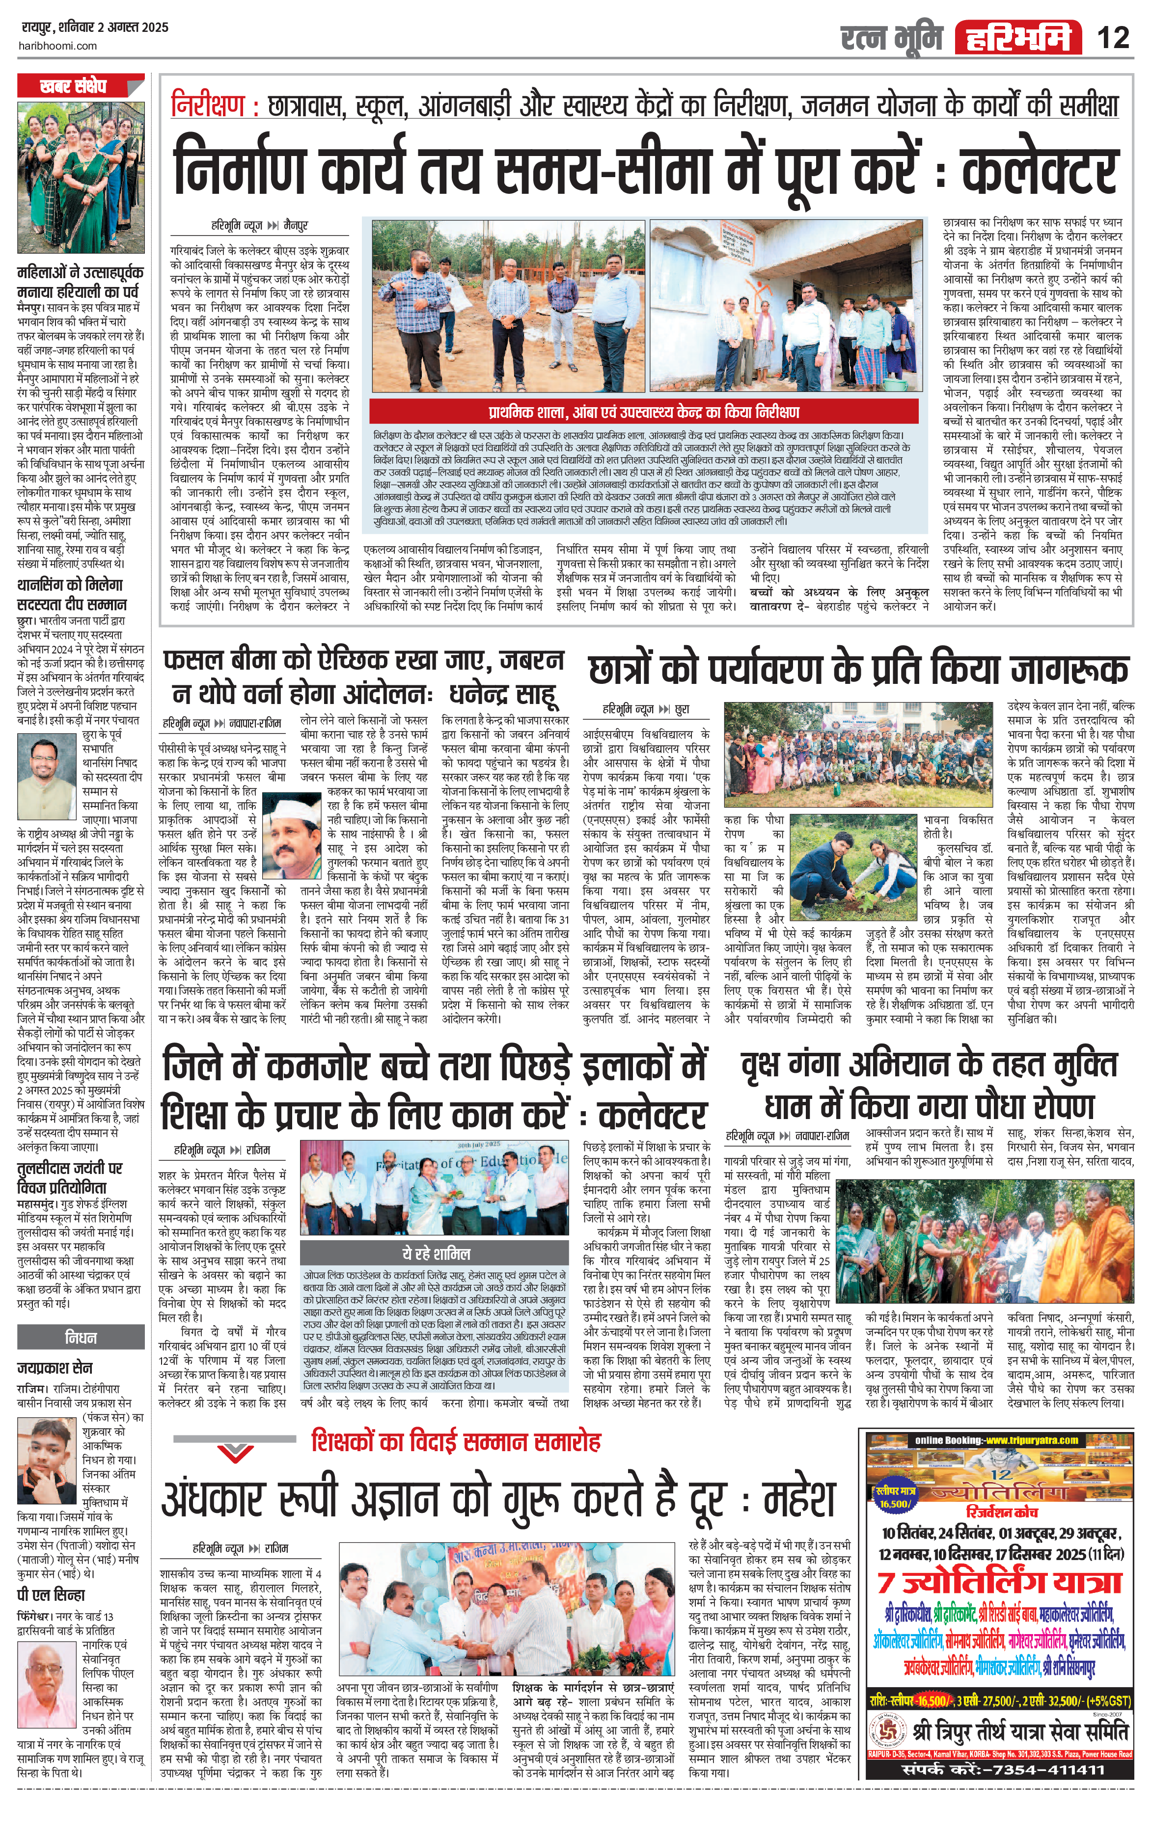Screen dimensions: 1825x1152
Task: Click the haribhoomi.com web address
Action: tap(57, 46)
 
